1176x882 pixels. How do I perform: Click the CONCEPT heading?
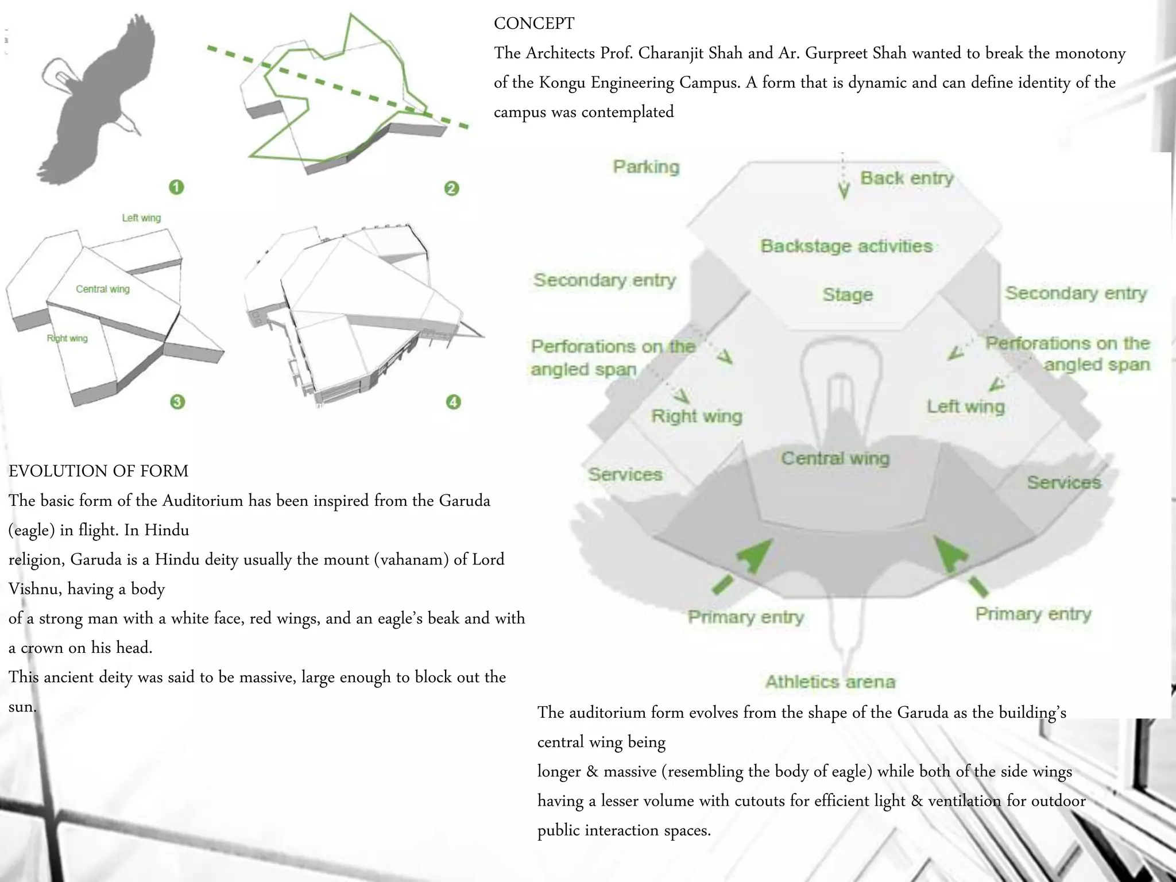[x=533, y=24]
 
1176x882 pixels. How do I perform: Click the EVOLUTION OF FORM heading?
[x=98, y=471]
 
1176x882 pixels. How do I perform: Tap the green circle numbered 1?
[x=176, y=187]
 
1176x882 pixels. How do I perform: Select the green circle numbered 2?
[x=452, y=188]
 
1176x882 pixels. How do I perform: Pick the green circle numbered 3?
[x=177, y=401]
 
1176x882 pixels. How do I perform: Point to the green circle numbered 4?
[x=454, y=401]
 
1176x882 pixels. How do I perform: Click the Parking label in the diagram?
[x=646, y=167]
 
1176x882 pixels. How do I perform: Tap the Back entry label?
[x=906, y=179]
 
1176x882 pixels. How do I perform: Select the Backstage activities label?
[x=846, y=246]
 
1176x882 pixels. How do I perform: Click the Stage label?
[x=848, y=295]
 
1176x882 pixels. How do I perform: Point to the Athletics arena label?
[x=830, y=682]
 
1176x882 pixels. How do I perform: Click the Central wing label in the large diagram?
[x=835, y=459]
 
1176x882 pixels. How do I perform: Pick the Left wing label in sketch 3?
[x=141, y=218]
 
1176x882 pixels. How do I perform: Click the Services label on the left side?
[x=625, y=475]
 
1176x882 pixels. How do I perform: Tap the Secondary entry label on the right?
[x=1076, y=293]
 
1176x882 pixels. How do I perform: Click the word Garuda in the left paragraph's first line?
[x=464, y=501]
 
